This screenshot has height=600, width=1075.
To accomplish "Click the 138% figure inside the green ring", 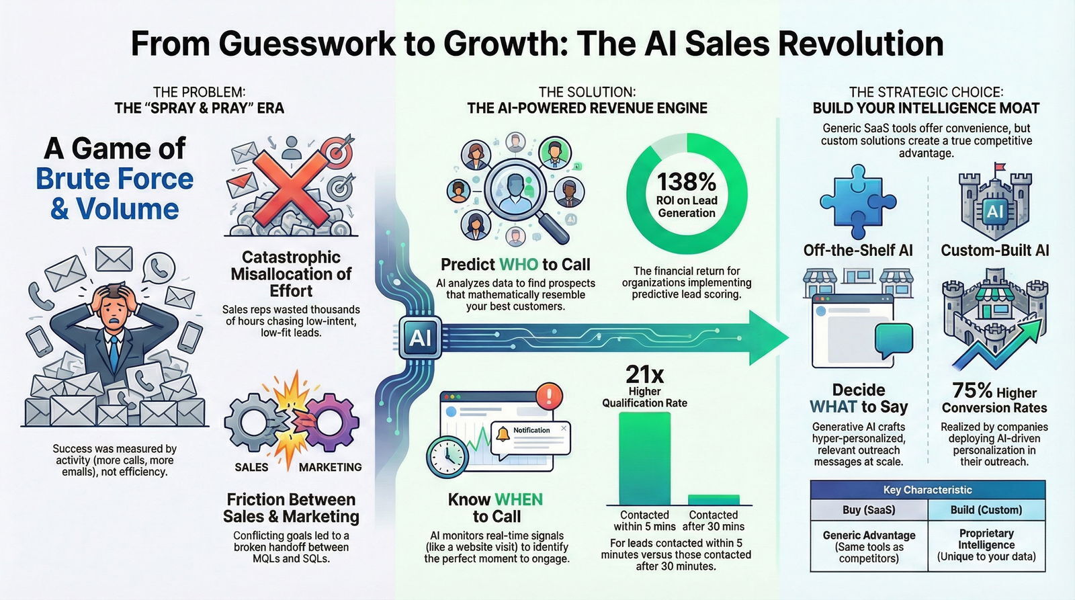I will point(686,181).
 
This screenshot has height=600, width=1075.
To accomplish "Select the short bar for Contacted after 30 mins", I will point(714,499).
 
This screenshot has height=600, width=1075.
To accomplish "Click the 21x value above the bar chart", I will point(644,374).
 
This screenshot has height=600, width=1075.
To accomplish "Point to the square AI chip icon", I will point(420,337).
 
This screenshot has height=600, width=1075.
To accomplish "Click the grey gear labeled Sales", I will point(252,423).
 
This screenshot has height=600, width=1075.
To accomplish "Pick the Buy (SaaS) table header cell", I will point(869,510).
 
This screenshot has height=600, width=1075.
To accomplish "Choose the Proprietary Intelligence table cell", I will point(986,544).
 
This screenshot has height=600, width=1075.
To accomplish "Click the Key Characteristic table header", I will point(927,490).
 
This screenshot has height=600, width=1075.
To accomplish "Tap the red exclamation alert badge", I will point(549,394).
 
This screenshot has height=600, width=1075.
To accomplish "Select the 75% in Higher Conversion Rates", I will point(972,390).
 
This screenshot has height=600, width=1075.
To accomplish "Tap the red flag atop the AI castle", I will point(1000,167).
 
